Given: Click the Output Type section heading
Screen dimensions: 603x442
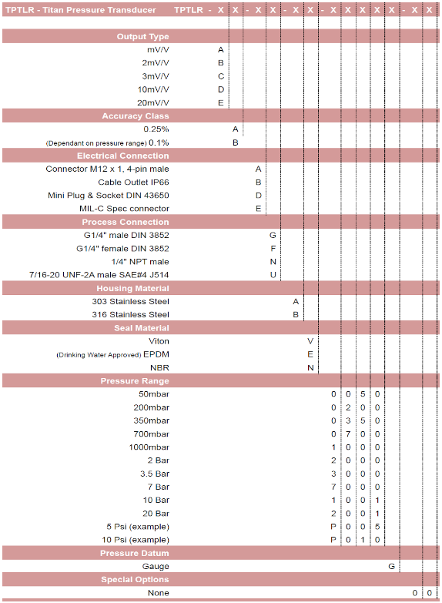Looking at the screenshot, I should (x=142, y=36).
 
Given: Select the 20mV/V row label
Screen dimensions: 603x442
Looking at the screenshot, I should (x=153, y=102).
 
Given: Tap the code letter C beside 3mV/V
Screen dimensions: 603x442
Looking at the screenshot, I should (x=221, y=76).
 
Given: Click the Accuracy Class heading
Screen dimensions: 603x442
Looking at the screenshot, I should (x=136, y=116).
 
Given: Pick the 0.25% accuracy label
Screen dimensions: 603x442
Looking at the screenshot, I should (x=156, y=129).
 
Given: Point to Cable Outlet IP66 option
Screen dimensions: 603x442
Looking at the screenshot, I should (x=133, y=182).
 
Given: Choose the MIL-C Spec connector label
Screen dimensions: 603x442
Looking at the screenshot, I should (x=124, y=208).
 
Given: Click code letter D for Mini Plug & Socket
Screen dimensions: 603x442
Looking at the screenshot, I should (x=259, y=195).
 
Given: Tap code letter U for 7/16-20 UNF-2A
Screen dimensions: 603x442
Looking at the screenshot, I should (x=273, y=274).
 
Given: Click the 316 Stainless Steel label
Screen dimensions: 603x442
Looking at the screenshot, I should (x=130, y=314).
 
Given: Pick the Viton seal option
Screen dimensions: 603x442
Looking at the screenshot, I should (x=159, y=340).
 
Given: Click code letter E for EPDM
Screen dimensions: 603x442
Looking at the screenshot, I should (x=310, y=354).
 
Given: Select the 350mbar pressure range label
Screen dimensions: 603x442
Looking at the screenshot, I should (x=151, y=420).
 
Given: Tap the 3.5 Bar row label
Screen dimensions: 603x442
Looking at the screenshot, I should (x=155, y=474).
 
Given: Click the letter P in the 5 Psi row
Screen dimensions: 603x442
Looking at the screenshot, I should (x=333, y=527).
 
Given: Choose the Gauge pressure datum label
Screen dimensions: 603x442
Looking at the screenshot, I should (x=156, y=566).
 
